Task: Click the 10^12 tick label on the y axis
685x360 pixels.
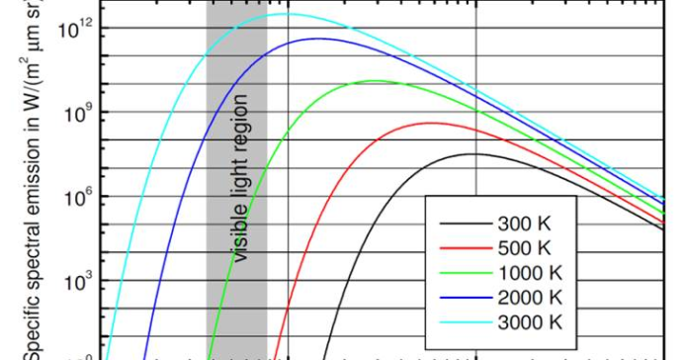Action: [x=75, y=27]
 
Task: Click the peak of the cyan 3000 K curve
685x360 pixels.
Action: [x=287, y=14]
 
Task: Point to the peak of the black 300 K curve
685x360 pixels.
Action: [x=475, y=153]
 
